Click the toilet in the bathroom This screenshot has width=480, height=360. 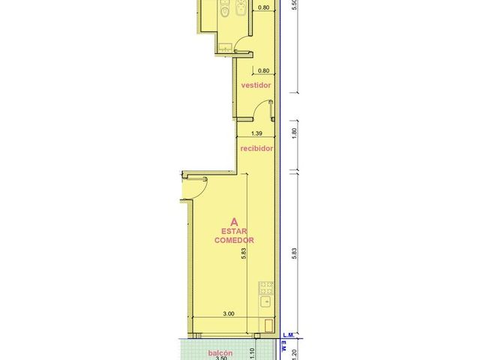pyautogui.click(x=225, y=8)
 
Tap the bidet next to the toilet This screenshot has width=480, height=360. pyautogui.click(x=240, y=8)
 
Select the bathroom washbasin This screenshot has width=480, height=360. pyautogui.click(x=225, y=47)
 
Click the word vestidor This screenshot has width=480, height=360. pyautogui.click(x=256, y=85)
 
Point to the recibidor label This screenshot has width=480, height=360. pyautogui.click(x=256, y=148)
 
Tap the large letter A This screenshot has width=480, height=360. pyautogui.click(x=234, y=221)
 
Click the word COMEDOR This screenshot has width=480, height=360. pyautogui.click(x=234, y=240)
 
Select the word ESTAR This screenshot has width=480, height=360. pyautogui.click(x=234, y=231)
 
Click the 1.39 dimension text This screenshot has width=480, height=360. pyautogui.click(x=256, y=133)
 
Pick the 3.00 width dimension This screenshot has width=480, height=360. pyautogui.click(x=229, y=313)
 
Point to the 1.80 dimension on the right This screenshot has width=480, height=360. pyautogui.click(x=295, y=133)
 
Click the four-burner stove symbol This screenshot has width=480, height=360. pyautogui.click(x=266, y=288)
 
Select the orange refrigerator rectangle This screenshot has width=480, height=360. pyautogui.click(x=268, y=325)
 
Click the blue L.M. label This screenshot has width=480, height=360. pyautogui.click(x=288, y=335)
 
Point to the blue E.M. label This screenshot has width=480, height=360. pyautogui.click(x=283, y=346)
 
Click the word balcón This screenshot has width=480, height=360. pyautogui.click(x=220, y=353)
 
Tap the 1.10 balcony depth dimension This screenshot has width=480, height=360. pyautogui.click(x=252, y=354)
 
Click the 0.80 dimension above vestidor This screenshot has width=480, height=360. pyautogui.click(x=263, y=70)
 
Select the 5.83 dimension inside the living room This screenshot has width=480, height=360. pyautogui.click(x=244, y=253)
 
